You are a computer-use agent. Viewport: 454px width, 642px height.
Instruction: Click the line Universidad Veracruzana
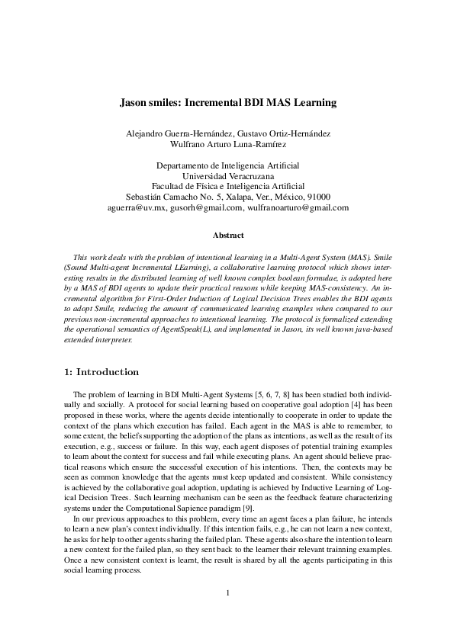click(227, 175)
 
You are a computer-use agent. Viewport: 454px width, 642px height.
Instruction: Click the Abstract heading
click(227, 236)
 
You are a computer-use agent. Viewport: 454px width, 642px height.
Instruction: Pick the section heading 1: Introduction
click(99, 372)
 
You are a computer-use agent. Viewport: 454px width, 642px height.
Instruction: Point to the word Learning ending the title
click(311, 101)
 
